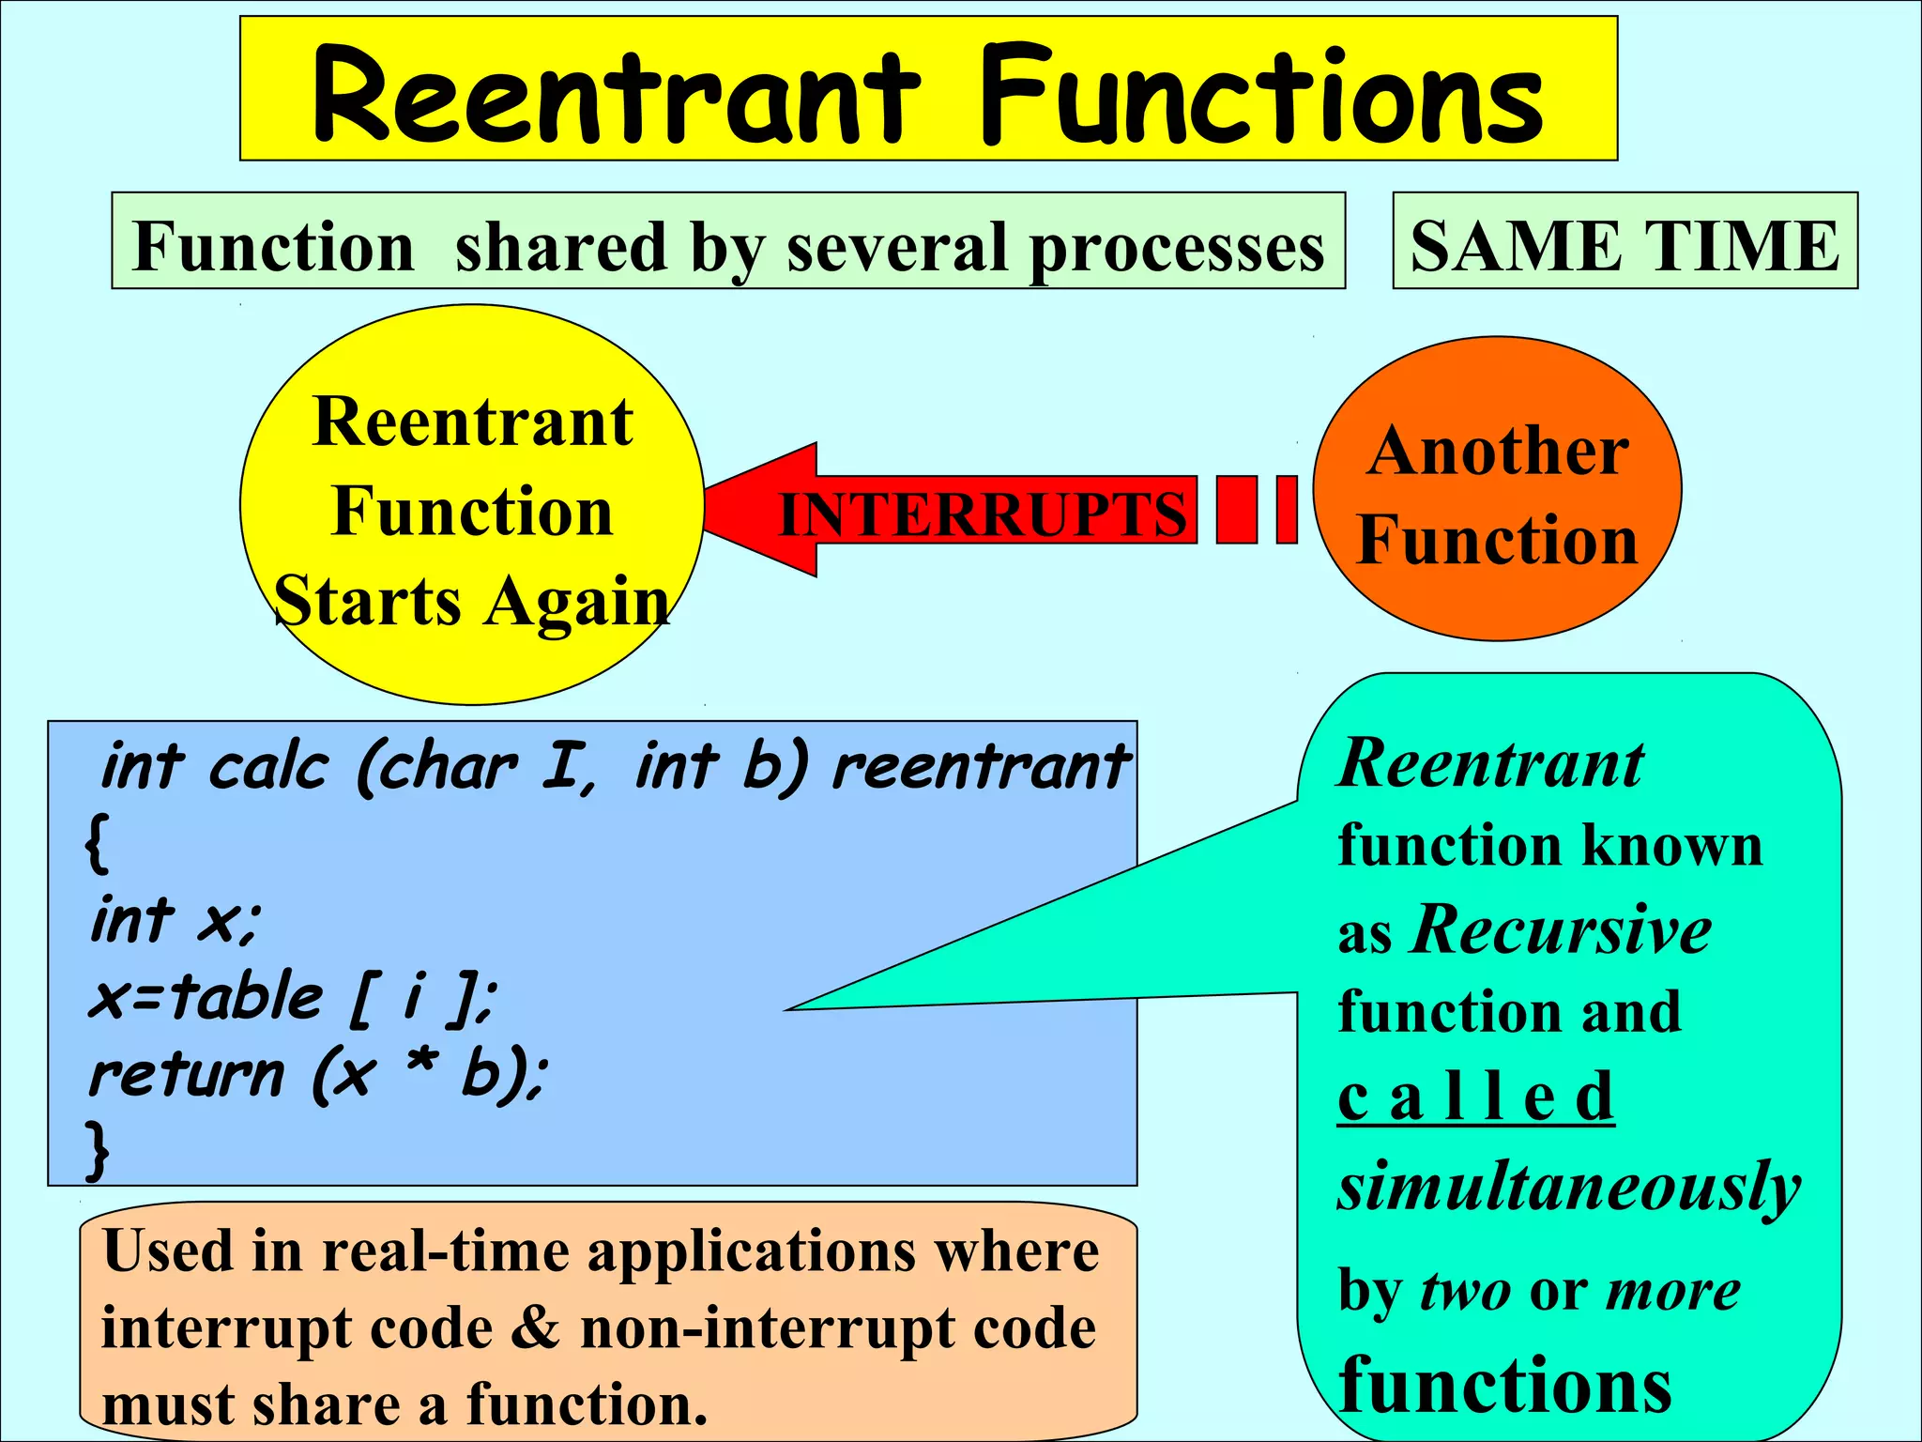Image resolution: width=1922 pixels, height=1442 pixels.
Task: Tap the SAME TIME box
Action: pyautogui.click(x=1625, y=242)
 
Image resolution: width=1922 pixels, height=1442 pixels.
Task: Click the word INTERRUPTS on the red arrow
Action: pyautogui.click(x=983, y=515)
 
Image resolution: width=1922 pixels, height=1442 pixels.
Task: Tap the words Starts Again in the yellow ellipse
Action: pyautogui.click(x=472, y=601)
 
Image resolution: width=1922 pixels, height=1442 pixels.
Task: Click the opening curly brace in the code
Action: pyautogui.click(x=97, y=843)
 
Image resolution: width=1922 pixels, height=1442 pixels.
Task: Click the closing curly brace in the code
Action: pyautogui.click(x=97, y=1149)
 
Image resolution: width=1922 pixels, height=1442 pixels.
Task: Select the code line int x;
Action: pyautogui.click(x=175, y=920)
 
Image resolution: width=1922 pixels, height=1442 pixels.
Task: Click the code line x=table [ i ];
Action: pyautogui.click(x=292, y=997)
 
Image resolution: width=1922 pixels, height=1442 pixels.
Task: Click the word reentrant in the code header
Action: pyautogui.click(x=981, y=767)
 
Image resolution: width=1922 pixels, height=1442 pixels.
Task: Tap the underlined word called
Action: pyautogui.click(x=1475, y=1097)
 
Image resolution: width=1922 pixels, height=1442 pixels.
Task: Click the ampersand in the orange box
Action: pyautogui.click(x=536, y=1328)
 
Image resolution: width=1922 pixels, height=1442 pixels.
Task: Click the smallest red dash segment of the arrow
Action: pyautogui.click(x=1287, y=510)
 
